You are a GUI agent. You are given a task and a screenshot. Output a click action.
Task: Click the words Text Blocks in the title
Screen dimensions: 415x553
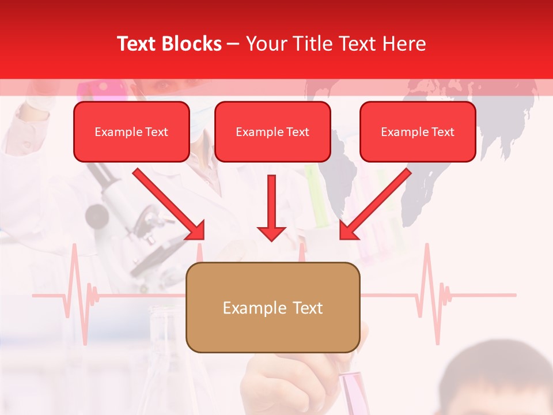point(169,44)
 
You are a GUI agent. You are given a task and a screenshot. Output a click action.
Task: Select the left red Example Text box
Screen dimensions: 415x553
point(131,131)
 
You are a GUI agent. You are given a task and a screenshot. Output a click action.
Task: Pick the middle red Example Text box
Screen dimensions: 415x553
point(272,131)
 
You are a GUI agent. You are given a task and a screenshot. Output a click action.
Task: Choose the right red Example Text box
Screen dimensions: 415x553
point(418,131)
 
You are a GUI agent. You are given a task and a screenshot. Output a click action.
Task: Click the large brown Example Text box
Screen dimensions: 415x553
point(272,307)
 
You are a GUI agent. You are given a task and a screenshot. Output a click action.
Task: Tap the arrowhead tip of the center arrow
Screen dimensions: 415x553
point(271,239)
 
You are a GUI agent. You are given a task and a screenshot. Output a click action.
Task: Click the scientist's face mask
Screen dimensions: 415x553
point(199,121)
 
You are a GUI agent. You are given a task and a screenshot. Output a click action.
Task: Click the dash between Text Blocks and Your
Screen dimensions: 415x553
point(233,44)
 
